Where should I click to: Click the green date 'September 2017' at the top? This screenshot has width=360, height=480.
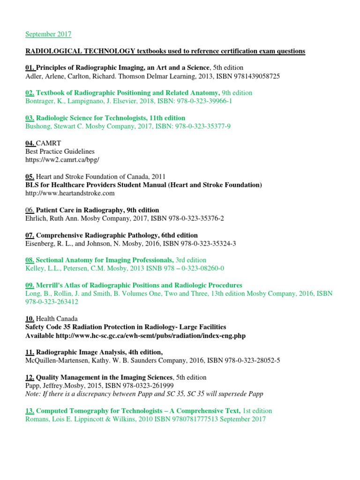(48, 34)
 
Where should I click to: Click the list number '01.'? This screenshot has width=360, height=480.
(30, 67)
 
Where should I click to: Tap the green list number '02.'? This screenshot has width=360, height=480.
(30, 93)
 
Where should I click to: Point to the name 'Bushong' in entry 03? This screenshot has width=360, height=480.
(38, 126)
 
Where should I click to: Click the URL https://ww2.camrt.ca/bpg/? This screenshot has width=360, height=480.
(63, 160)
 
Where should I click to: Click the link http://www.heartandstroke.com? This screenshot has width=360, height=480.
(70, 193)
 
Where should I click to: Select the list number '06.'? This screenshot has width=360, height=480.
(30, 210)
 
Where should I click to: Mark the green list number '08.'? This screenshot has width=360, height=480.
(30, 260)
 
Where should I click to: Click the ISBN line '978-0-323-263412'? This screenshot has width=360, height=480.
(52, 302)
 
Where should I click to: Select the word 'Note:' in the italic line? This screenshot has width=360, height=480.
(33, 394)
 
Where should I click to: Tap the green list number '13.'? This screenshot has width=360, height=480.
(30, 411)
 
